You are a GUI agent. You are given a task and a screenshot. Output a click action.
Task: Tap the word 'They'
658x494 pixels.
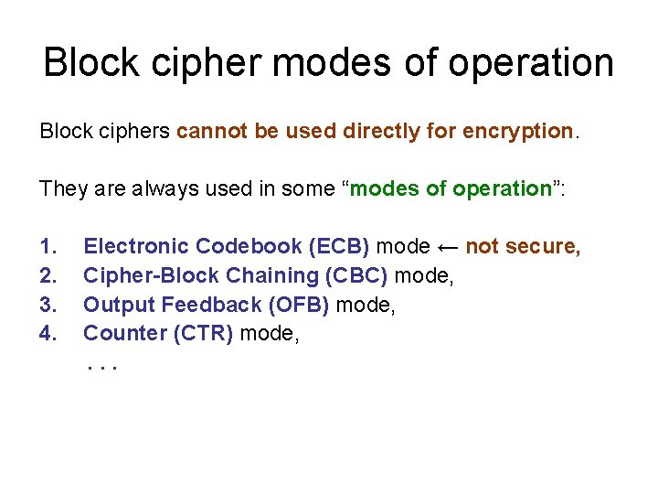click(61, 188)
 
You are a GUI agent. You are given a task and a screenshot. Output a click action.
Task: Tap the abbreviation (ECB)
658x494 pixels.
click(339, 246)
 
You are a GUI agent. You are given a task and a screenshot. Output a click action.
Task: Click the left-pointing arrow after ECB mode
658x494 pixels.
click(447, 246)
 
